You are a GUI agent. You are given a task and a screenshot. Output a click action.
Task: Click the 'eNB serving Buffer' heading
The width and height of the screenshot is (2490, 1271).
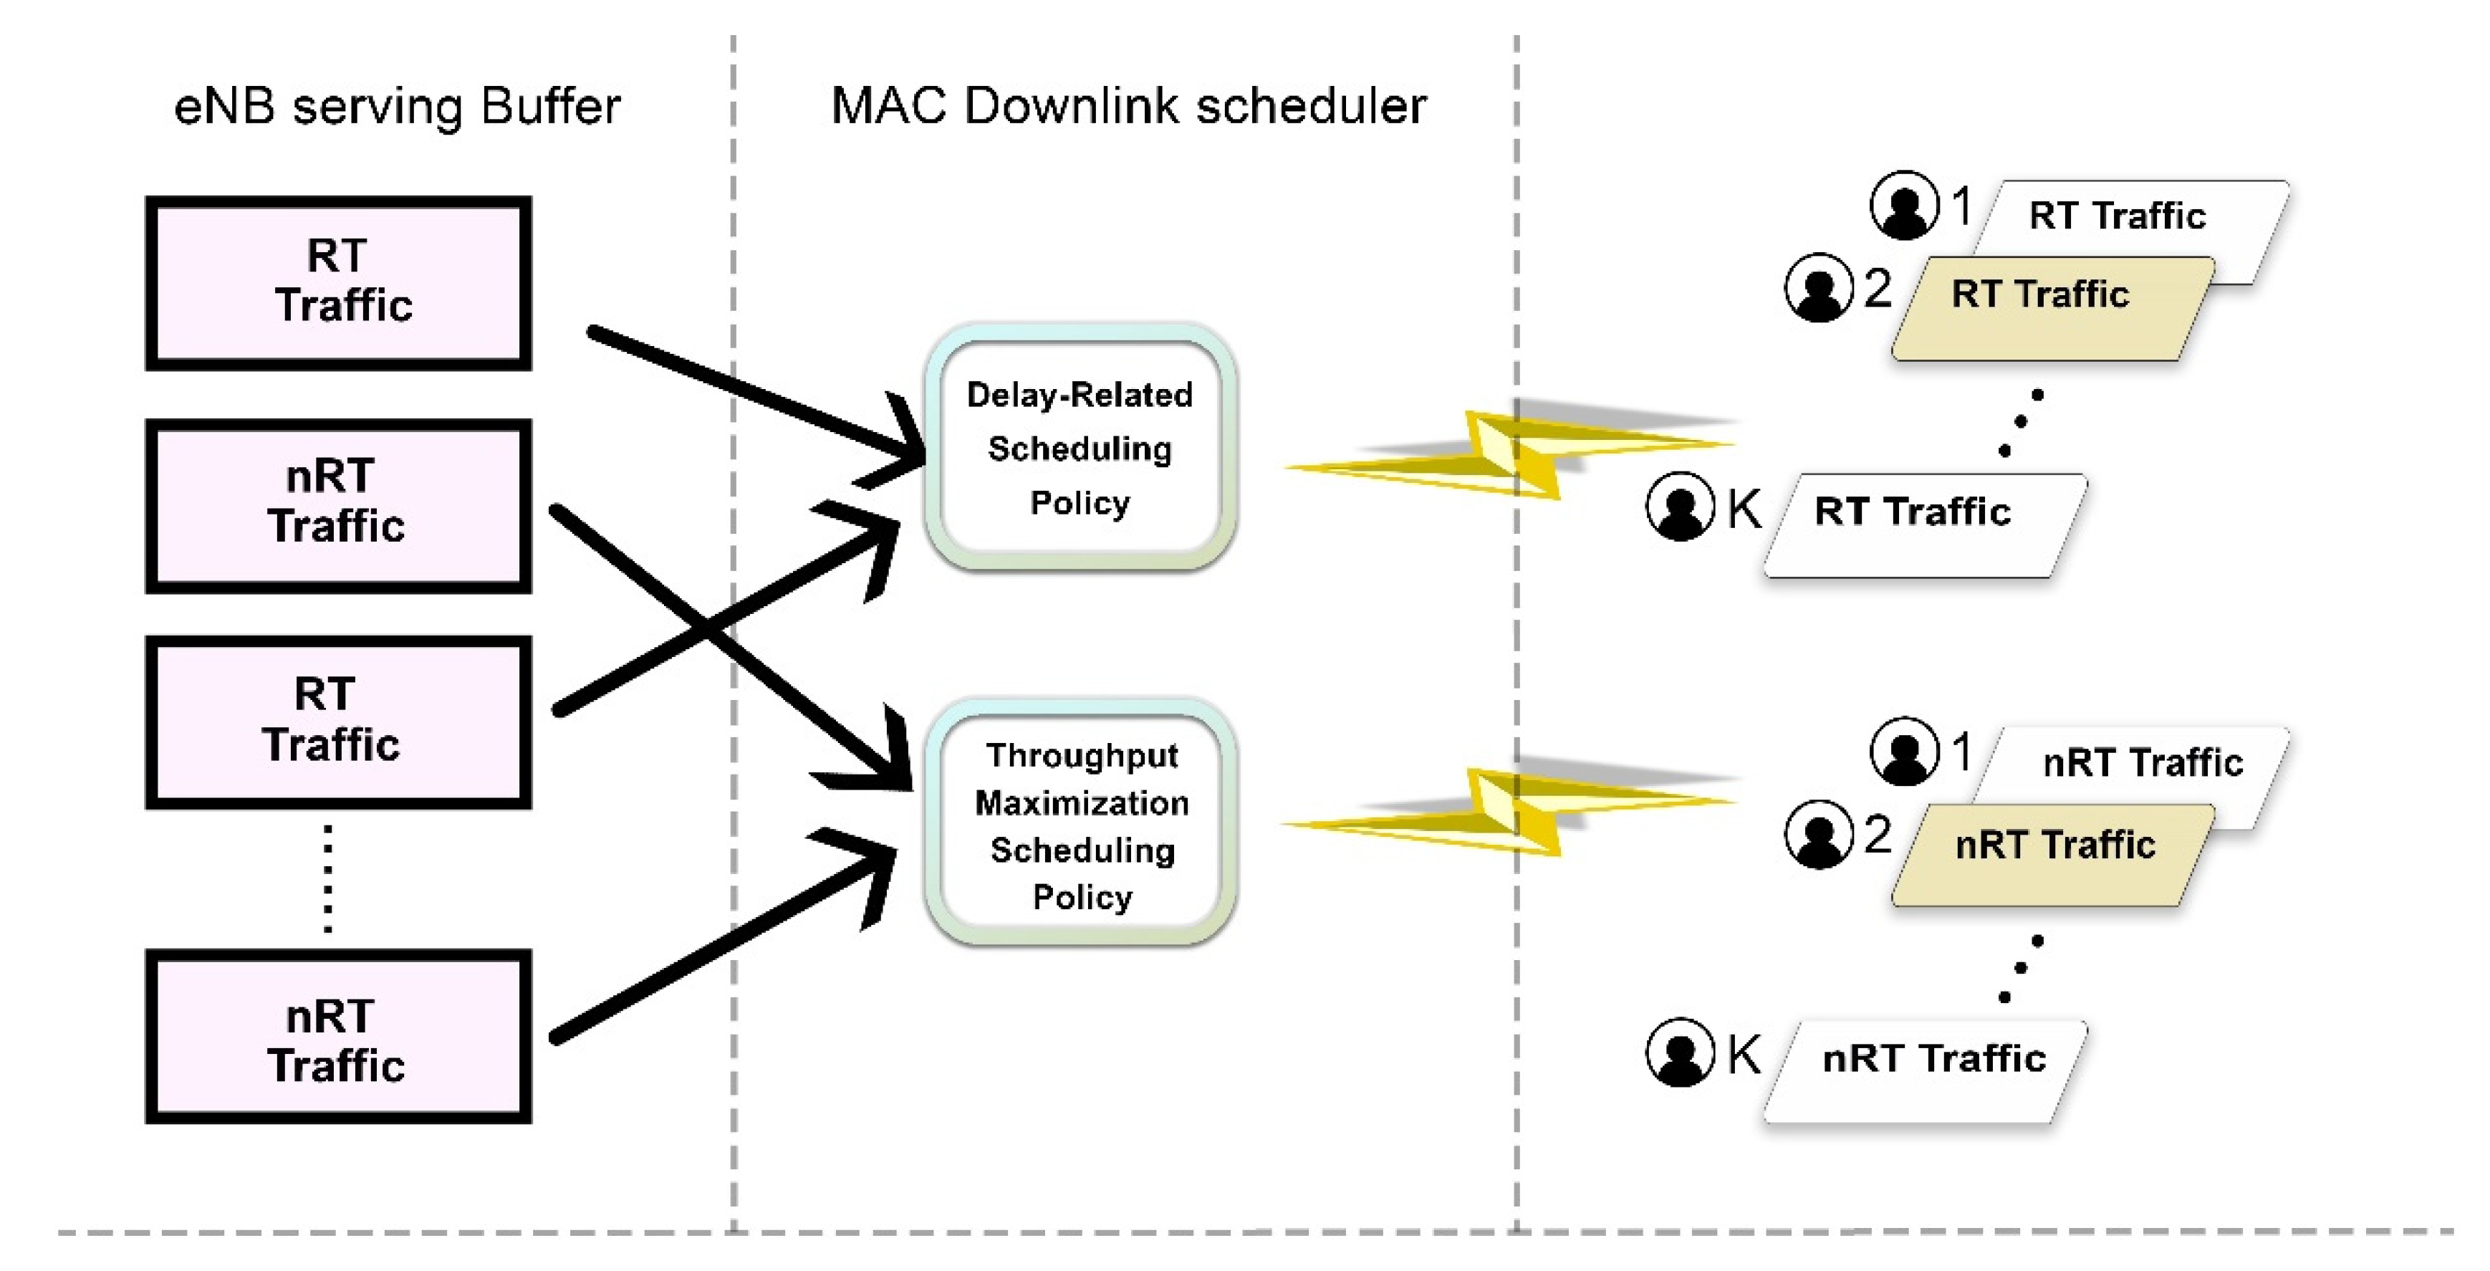[396, 106]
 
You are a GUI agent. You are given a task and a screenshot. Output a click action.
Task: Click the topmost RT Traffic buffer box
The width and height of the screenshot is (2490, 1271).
[338, 283]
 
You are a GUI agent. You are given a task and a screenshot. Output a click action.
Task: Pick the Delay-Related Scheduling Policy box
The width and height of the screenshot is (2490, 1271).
[1080, 449]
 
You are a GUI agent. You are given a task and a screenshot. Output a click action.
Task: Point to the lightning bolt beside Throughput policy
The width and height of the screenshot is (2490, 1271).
[1508, 810]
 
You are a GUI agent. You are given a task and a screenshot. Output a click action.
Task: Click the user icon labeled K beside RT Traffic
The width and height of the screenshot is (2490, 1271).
[1680, 507]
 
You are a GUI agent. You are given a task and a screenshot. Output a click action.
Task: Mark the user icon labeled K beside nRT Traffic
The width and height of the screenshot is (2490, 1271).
[1680, 1052]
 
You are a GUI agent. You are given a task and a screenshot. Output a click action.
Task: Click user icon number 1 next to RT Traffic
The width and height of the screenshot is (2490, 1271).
[1904, 205]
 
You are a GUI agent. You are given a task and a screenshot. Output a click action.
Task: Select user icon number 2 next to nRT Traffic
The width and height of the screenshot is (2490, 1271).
[1818, 834]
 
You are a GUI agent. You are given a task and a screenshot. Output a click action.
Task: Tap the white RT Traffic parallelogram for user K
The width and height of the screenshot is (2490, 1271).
[1923, 526]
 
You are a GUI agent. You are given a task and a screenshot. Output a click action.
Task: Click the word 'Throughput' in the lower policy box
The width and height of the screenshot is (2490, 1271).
[1082, 756]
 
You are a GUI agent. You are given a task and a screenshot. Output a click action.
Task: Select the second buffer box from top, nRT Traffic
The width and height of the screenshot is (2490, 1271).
[338, 506]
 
